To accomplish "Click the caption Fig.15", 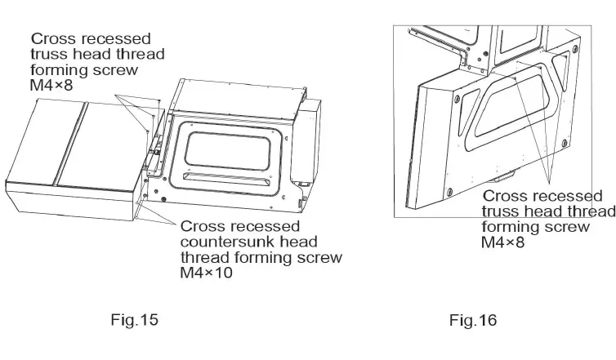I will click(x=134, y=320).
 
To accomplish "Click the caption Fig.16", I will click(x=472, y=320).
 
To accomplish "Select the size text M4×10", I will click(x=207, y=273).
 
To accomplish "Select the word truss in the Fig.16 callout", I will click(x=500, y=211).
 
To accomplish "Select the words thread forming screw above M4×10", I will click(x=261, y=258).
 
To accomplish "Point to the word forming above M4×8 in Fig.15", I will click(x=62, y=70).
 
